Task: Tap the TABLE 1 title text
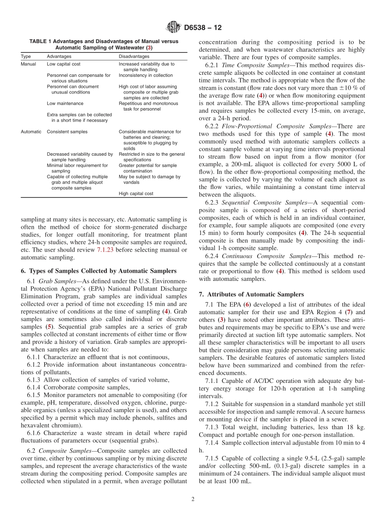click(104, 44)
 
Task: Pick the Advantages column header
click(59, 56)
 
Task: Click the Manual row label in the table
click(28, 64)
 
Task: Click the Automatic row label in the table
click(31, 132)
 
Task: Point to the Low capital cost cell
click(63, 64)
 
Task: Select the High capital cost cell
click(136, 193)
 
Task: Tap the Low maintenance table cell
click(65, 104)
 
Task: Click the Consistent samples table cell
click(67, 132)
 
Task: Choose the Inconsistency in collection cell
click(145, 75)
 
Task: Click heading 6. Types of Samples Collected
click(98, 271)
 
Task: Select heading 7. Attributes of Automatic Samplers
click(251, 294)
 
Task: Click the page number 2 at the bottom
click(193, 499)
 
